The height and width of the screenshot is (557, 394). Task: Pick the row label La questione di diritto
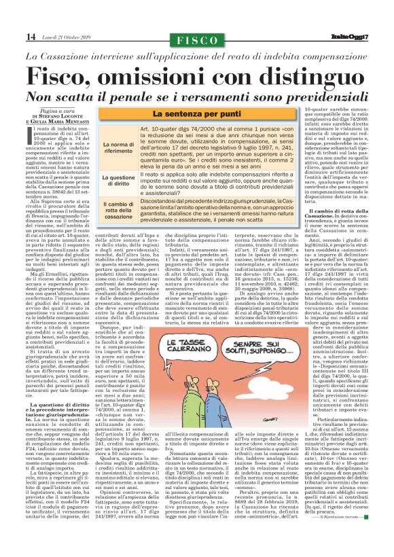118,178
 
